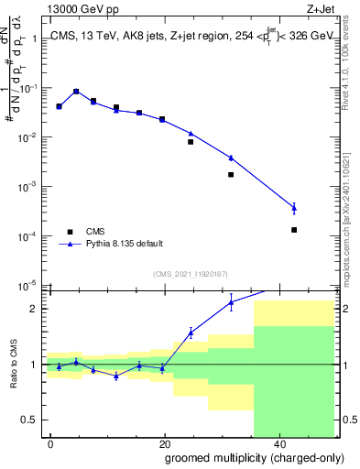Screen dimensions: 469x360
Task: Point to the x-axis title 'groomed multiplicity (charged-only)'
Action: point(243,457)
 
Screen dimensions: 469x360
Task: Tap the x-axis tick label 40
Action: point(278,443)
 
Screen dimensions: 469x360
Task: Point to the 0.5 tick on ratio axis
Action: point(31,420)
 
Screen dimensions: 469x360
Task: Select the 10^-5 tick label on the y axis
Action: point(28,285)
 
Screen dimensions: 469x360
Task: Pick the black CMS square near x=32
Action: point(231,174)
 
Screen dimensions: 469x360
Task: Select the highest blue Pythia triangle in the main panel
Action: point(76,92)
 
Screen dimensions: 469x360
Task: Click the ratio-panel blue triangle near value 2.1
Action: point(231,302)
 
